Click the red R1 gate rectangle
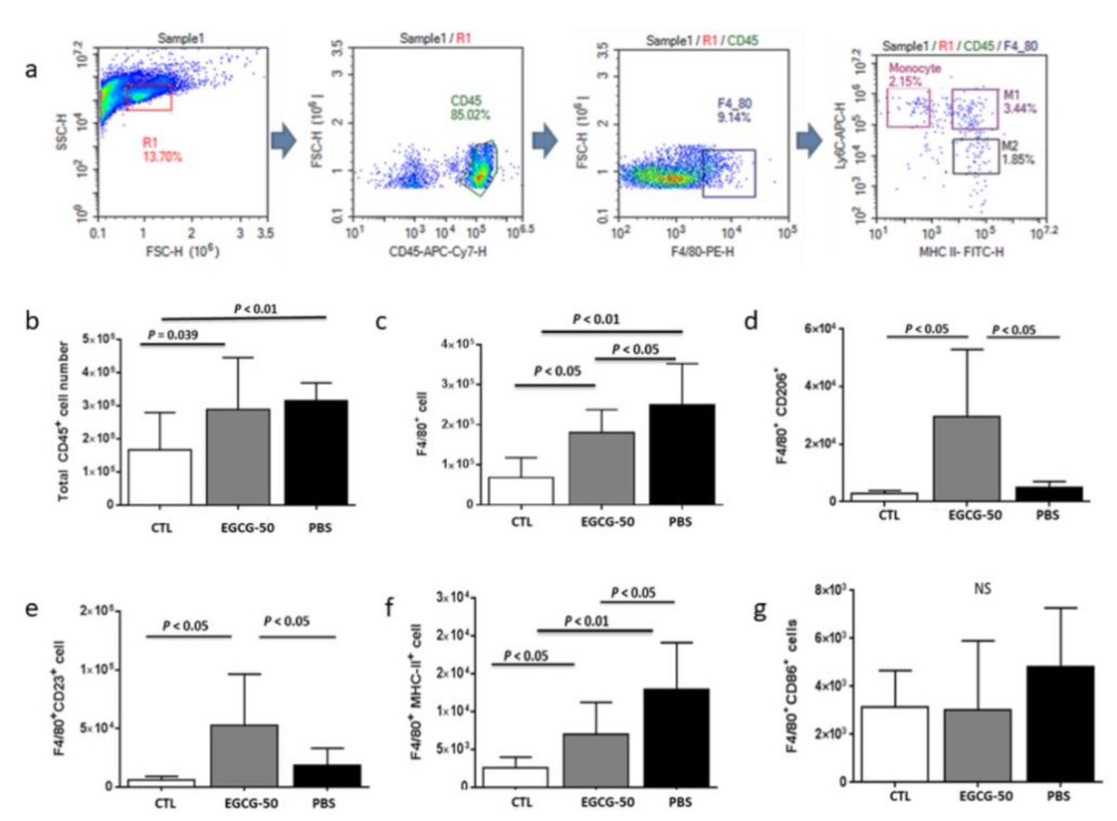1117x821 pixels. click(x=148, y=97)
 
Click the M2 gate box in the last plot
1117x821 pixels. click(x=976, y=155)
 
